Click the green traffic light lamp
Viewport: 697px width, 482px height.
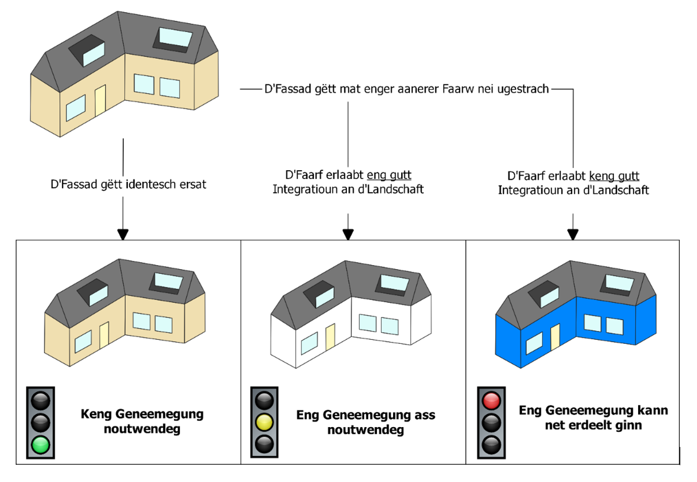click(x=41, y=445)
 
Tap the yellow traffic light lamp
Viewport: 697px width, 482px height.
click(x=264, y=422)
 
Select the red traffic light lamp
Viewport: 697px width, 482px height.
click(x=491, y=401)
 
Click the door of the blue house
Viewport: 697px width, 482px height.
click(x=555, y=336)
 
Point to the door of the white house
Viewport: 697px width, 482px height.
click(x=330, y=336)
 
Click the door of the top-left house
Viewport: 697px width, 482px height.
click(x=100, y=101)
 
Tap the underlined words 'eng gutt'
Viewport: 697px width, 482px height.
click(x=389, y=175)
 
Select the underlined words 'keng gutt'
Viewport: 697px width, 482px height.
click(x=614, y=176)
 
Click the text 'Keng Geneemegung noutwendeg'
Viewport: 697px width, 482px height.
click(x=142, y=421)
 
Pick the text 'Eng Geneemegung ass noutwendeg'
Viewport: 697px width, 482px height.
click(x=366, y=422)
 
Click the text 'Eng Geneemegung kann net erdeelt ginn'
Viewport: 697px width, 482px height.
click(x=593, y=417)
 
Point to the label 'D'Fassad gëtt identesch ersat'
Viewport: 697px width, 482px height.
click(x=128, y=184)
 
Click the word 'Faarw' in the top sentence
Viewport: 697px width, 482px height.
click(x=458, y=89)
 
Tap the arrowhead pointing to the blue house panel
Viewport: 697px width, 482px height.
click(x=573, y=235)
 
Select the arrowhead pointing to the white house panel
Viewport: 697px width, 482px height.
click(x=348, y=235)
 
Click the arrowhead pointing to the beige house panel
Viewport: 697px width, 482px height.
click(x=123, y=235)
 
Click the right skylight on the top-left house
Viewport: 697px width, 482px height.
click(x=176, y=37)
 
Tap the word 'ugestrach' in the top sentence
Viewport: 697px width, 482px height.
click(x=522, y=89)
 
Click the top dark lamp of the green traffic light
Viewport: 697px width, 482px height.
click(x=41, y=400)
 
